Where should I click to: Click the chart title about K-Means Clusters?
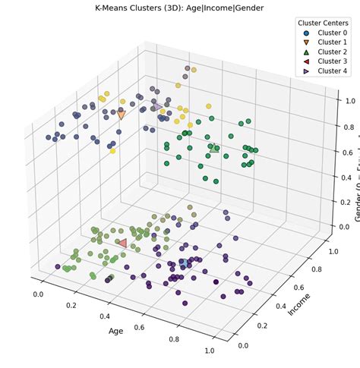[x=179, y=6]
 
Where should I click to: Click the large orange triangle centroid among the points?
[x=121, y=115]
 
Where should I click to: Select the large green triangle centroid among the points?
[x=215, y=149]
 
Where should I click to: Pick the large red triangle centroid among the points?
[x=122, y=244]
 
